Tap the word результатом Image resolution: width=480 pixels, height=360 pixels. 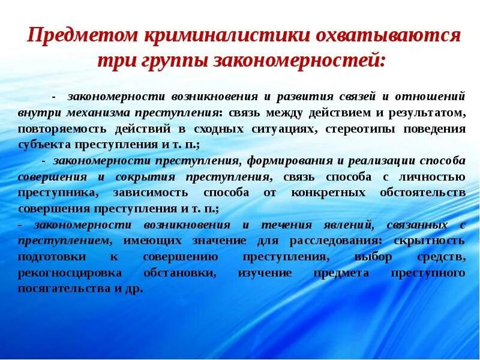(x=431, y=112)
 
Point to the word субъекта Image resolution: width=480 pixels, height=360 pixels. (x=43, y=145)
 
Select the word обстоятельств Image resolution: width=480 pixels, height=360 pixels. (x=422, y=193)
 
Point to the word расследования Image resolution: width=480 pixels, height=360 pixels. (x=334, y=241)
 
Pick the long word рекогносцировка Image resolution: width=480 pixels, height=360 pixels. (x=70, y=273)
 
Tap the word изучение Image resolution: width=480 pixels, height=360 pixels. (x=265, y=273)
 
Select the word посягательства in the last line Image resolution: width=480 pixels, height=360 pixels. (x=62, y=289)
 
